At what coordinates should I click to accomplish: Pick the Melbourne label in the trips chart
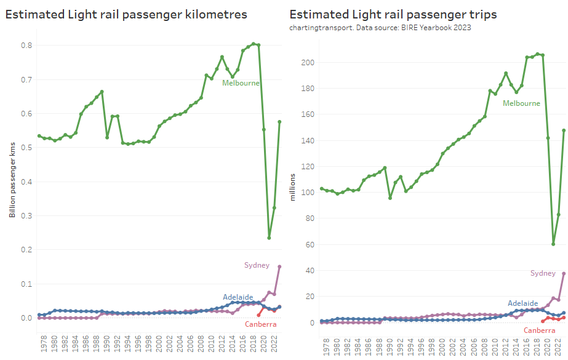point(521,103)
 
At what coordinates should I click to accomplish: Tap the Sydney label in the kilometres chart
point(257,265)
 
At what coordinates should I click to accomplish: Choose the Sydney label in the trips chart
point(543,273)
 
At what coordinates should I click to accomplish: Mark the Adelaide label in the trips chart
point(523,303)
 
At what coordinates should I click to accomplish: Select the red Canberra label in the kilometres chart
point(260,324)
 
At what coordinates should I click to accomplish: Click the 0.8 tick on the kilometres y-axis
point(26,46)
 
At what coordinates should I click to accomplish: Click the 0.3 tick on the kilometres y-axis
point(26,216)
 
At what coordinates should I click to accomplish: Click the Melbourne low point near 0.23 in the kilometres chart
point(269,238)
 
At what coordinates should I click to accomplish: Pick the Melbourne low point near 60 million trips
point(553,244)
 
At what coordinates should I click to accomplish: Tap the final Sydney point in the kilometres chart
point(279,266)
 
